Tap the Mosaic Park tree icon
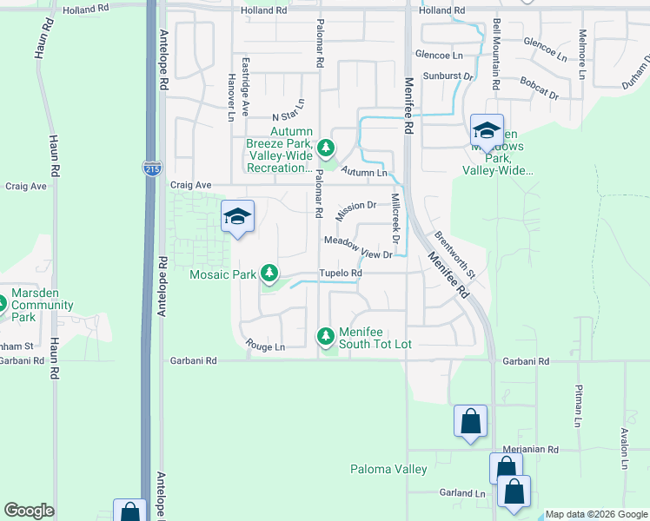(x=269, y=274)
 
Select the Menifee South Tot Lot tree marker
(x=325, y=335)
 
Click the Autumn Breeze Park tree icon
(x=326, y=147)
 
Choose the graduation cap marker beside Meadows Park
(x=487, y=131)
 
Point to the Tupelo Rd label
(x=340, y=273)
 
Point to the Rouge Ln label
(x=265, y=346)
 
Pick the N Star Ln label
(x=289, y=110)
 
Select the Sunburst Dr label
(x=448, y=76)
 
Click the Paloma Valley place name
(x=388, y=470)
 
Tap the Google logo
(x=30, y=511)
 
